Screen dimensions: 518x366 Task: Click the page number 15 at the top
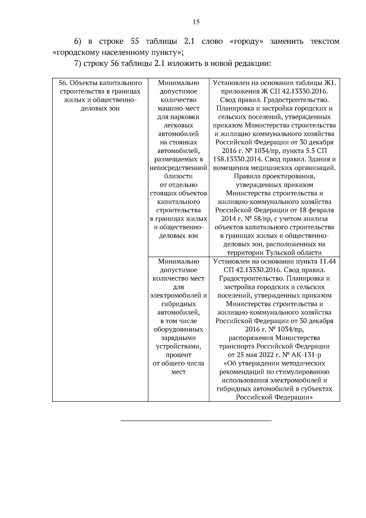pos(196,22)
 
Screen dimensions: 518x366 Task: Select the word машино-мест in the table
pos(178,108)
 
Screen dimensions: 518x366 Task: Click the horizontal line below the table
pos(196,421)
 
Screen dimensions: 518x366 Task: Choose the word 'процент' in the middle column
pos(178,355)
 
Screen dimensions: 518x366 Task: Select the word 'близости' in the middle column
pos(178,176)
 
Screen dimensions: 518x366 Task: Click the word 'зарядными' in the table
pos(178,338)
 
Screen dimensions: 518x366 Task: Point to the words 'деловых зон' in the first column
pos(100,108)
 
